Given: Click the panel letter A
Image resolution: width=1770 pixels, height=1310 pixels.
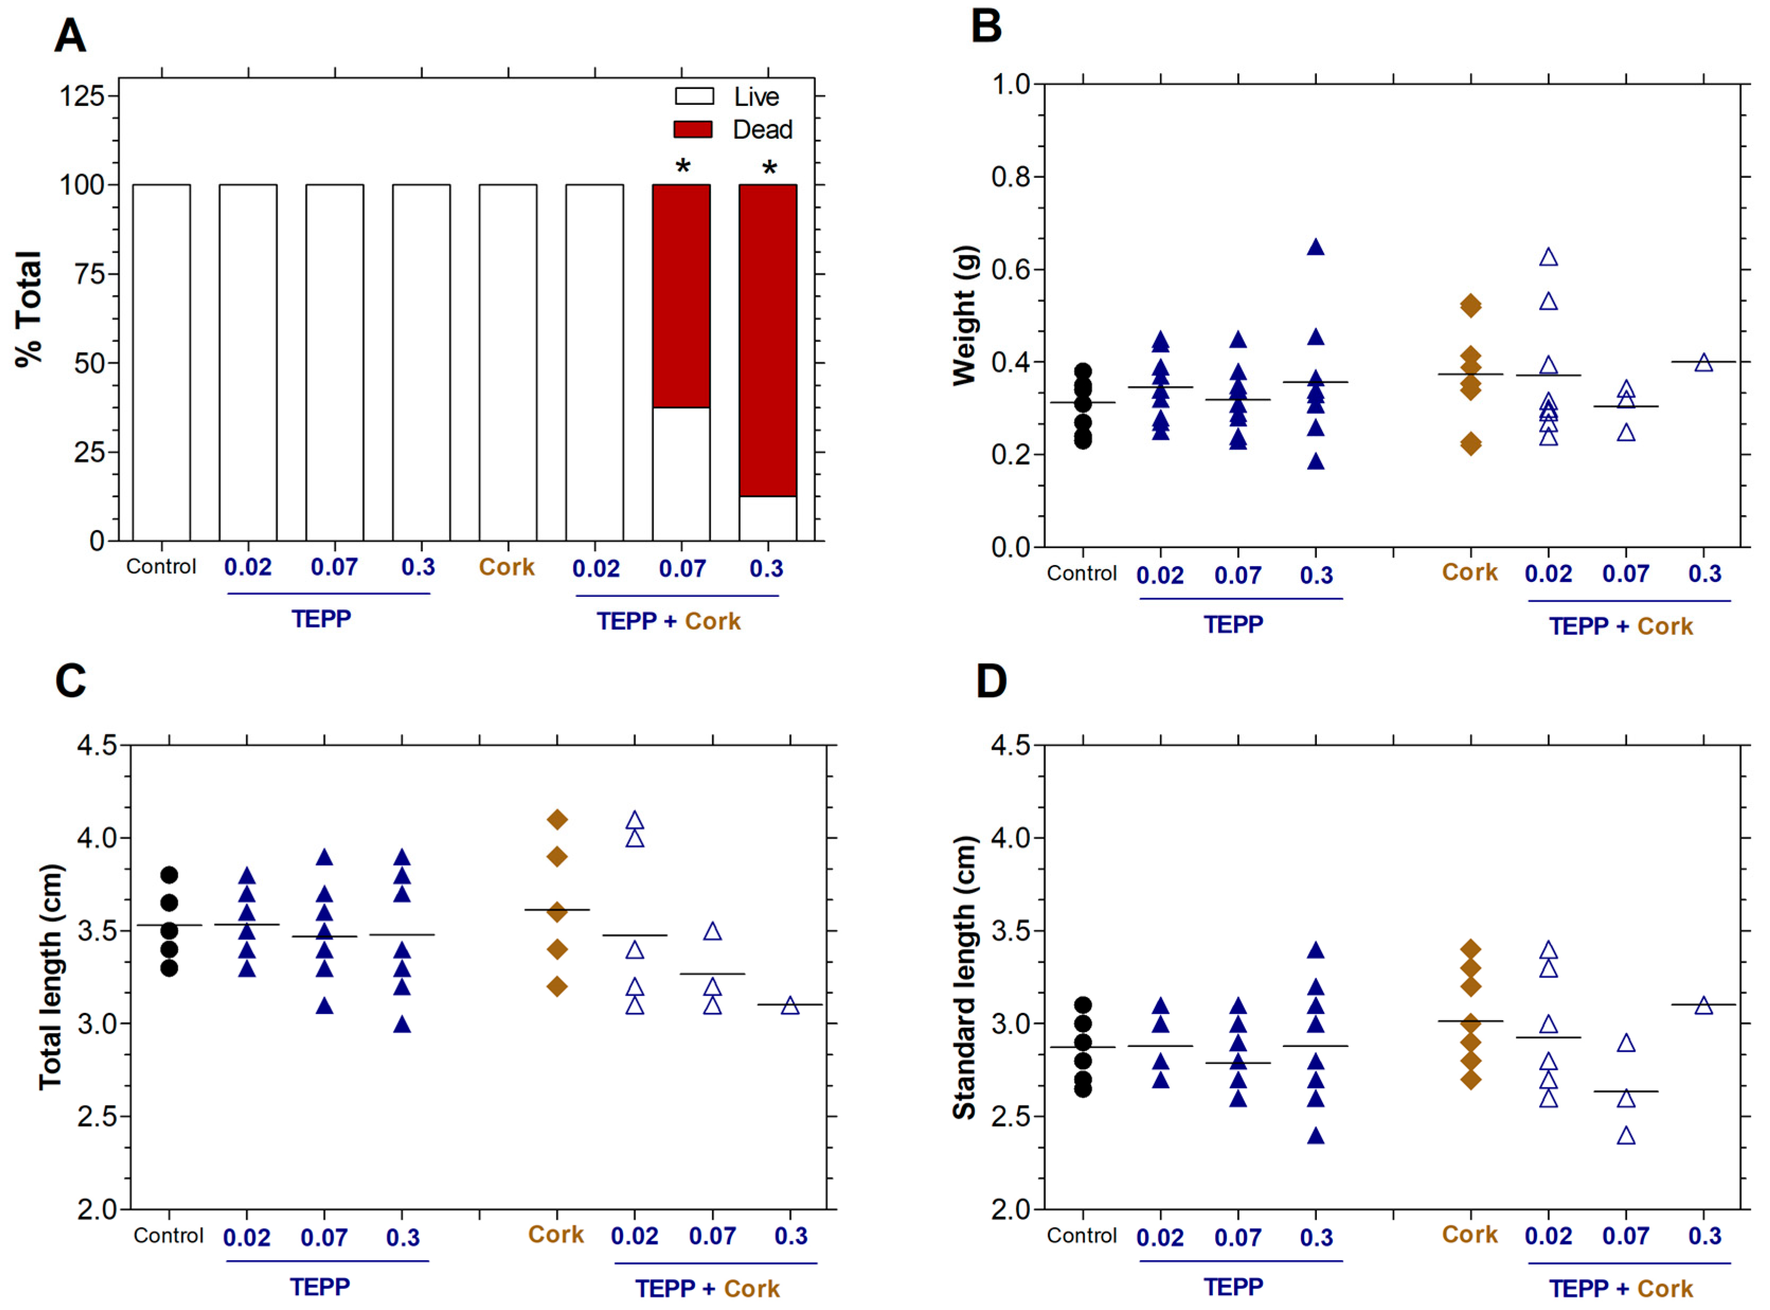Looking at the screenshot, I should click(x=70, y=37).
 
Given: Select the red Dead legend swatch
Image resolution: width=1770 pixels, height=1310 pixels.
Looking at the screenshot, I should click(x=693, y=129).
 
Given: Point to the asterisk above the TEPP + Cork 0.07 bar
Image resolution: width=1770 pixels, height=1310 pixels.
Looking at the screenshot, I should click(x=682, y=166).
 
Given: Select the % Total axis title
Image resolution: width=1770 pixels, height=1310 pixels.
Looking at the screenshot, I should click(x=29, y=309).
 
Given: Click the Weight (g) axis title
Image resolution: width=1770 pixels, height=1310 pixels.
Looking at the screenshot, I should click(x=964, y=316).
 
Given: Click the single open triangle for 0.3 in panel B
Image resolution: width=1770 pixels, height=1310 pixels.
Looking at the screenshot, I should click(x=1703, y=363).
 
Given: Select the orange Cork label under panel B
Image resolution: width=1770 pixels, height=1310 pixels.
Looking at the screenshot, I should click(x=1469, y=572).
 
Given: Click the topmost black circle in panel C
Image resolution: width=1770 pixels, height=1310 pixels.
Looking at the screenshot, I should click(x=169, y=875).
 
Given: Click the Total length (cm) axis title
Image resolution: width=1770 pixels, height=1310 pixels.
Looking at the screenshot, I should click(x=51, y=977).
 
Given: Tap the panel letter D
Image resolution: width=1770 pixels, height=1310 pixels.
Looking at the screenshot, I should click(x=991, y=682).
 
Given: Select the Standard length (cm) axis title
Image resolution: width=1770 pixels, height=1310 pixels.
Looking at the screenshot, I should click(x=964, y=977).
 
